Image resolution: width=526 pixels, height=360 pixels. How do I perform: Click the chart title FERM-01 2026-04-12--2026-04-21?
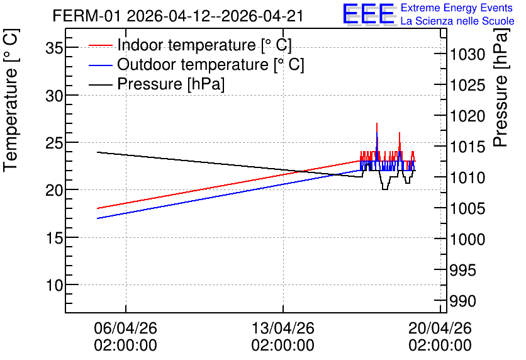pos(178,16)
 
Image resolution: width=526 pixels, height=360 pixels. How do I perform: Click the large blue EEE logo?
pos(368,14)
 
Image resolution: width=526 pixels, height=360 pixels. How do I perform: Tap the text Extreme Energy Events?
pos(457,8)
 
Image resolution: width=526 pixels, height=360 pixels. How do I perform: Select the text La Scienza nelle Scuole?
pos(457,21)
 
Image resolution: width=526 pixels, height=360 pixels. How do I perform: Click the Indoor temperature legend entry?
pos(190,45)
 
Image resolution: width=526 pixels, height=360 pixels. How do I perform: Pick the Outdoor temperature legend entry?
pos(196,64)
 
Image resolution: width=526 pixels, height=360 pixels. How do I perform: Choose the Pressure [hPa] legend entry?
pos(157,84)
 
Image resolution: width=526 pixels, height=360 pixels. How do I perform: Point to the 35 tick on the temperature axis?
pos(54,48)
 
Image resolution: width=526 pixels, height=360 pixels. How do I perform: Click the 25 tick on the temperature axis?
pos(54,143)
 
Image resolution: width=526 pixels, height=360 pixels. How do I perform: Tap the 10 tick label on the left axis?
pos(54,286)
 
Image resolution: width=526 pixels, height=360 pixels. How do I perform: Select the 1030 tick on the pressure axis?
pos(467,54)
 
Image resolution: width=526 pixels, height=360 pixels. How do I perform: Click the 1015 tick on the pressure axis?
pos(467,147)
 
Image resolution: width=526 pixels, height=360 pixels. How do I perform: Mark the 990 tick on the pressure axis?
pos(462,301)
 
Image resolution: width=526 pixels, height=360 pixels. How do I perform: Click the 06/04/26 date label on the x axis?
pos(125,337)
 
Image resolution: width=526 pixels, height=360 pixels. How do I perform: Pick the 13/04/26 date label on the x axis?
pos(283,337)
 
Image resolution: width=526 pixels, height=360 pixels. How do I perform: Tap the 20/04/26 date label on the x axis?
pos(440,337)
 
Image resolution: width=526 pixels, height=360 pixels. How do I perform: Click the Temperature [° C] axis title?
pos(10,100)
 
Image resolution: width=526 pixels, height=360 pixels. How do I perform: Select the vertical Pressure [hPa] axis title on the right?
pos(501,87)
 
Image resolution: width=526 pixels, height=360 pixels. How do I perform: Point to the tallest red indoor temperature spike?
pos(377,123)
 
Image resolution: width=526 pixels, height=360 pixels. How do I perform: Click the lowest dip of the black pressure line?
pos(385,189)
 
